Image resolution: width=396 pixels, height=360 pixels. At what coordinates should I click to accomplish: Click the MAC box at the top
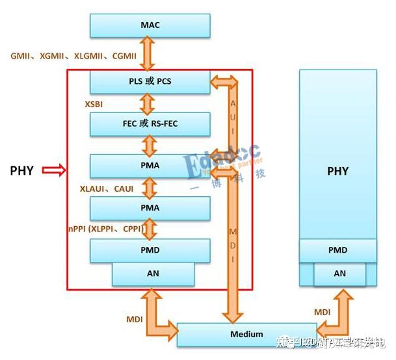point(150,25)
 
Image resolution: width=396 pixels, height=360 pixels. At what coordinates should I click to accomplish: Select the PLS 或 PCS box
point(150,81)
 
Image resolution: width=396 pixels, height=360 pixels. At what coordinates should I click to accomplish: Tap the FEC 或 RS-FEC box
point(150,123)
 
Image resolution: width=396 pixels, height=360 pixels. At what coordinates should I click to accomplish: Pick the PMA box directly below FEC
point(150,165)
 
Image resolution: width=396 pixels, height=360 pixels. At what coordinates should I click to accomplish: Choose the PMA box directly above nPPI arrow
point(150,208)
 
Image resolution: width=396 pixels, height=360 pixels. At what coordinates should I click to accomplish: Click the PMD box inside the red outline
point(150,250)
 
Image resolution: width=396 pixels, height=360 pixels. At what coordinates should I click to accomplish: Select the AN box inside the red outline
point(153,274)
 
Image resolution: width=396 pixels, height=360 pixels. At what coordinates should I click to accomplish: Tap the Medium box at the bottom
point(246,334)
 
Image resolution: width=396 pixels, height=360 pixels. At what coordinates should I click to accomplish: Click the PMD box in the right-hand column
point(337,250)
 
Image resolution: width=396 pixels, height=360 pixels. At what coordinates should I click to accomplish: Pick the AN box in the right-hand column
point(340,274)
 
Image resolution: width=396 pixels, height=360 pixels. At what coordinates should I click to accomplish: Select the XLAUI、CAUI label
point(105,187)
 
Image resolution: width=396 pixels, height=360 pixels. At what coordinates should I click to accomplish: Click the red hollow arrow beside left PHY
point(53,171)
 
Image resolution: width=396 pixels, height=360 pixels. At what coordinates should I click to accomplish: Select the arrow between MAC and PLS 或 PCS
point(150,54)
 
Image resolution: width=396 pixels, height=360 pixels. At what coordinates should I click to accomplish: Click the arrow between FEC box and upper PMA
point(150,144)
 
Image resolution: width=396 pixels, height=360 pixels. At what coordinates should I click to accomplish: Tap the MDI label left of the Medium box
point(135,319)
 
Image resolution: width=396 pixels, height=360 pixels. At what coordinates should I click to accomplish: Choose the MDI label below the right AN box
point(323,312)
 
